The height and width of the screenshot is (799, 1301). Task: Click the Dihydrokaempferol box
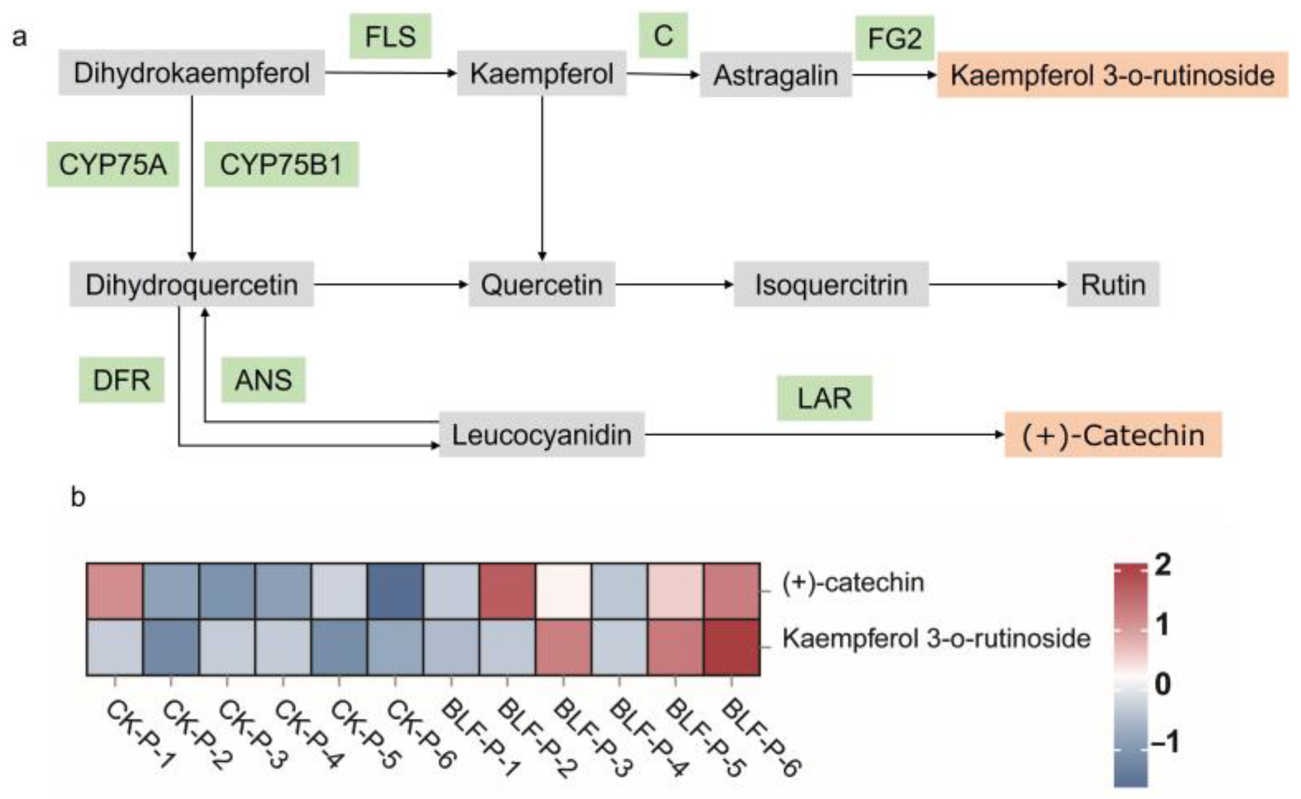coord(191,73)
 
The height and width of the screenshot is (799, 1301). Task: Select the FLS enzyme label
coord(390,37)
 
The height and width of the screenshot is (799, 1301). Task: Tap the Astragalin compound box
coord(775,75)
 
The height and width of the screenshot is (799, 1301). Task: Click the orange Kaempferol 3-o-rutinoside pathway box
coord(1112,75)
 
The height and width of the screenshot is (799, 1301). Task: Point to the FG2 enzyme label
coord(894,38)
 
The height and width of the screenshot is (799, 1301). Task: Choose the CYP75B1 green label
coord(281,165)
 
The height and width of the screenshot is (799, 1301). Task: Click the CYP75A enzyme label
coord(113,165)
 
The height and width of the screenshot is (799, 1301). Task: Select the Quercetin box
coord(541,284)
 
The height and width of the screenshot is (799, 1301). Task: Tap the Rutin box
coord(1113,284)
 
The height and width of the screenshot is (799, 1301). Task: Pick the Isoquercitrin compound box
coord(831,284)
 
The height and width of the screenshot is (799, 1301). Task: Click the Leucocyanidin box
coord(541,435)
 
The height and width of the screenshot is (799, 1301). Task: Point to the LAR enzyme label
coord(824,398)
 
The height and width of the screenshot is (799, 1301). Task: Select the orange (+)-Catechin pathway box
coord(1113,435)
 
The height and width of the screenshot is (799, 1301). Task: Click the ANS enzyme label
coord(263,380)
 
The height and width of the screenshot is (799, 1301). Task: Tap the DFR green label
coord(121,380)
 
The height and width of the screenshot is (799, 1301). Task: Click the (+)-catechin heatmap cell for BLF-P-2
coord(507,591)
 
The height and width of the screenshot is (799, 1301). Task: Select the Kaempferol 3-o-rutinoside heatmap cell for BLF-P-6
coord(732,647)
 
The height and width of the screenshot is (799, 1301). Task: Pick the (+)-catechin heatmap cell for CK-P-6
coord(395,591)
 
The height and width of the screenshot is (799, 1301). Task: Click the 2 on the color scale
coord(1163,566)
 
